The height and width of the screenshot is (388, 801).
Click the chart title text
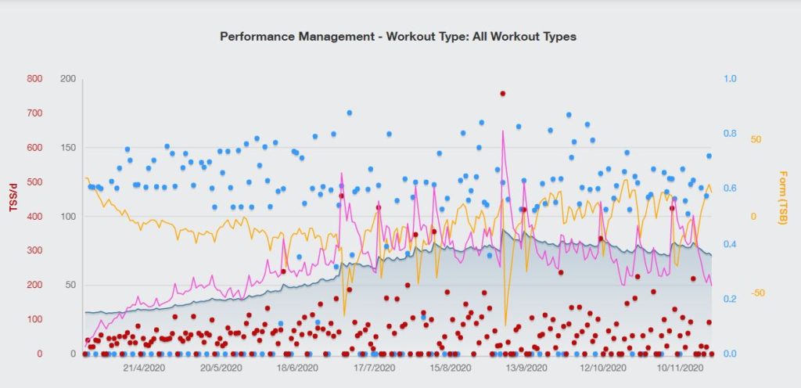(398, 37)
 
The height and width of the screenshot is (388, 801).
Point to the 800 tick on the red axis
(34, 79)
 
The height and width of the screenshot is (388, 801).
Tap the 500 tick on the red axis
(34, 182)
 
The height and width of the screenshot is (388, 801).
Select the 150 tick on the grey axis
(67, 148)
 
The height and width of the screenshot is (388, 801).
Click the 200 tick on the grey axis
(67, 79)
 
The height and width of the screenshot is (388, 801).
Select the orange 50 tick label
(756, 139)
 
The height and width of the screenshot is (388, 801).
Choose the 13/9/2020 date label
(525, 367)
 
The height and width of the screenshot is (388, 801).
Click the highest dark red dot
(503, 93)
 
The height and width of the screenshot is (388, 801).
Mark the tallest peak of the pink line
(503, 131)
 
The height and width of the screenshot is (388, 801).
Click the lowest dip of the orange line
(505, 325)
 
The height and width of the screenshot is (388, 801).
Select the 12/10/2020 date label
(602, 367)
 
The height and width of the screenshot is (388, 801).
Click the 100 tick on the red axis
(34, 320)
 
